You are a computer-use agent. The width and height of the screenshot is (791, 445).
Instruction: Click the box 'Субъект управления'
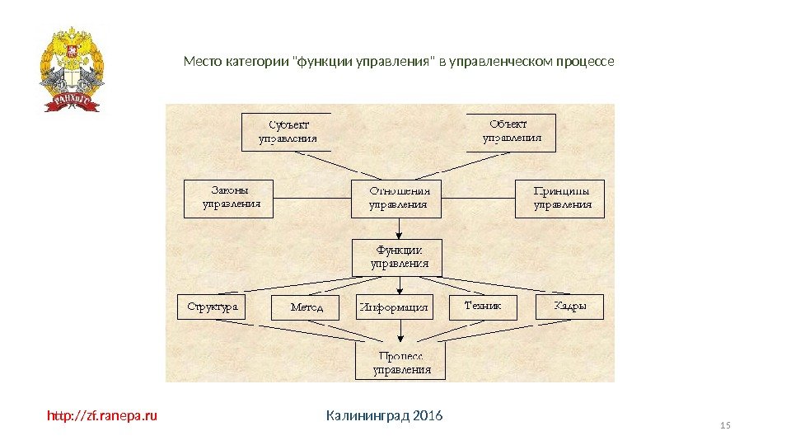click(x=286, y=132)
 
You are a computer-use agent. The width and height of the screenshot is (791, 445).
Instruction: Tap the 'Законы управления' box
click(x=227, y=198)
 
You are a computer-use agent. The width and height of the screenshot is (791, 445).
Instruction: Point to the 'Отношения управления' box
click(x=397, y=198)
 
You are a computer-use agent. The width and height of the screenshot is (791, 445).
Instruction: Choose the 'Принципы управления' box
click(x=560, y=198)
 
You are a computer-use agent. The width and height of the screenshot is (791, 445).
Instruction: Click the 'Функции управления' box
click(x=397, y=257)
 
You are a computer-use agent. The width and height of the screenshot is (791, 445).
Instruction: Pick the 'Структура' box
click(x=213, y=307)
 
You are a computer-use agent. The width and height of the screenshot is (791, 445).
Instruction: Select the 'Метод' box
click(x=307, y=308)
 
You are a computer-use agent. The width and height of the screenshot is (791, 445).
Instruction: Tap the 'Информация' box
click(x=394, y=308)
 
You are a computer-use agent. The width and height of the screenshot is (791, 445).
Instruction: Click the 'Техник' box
click(x=483, y=307)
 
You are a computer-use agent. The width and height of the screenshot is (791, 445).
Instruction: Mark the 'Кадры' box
click(x=569, y=307)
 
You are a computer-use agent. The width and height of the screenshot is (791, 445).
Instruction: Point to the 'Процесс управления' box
click(x=400, y=362)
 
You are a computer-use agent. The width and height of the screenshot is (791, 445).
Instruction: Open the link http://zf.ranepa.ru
click(x=101, y=415)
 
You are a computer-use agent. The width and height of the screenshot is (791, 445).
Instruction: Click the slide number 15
click(x=725, y=425)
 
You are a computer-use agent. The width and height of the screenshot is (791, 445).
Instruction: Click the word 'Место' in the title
click(x=200, y=62)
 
